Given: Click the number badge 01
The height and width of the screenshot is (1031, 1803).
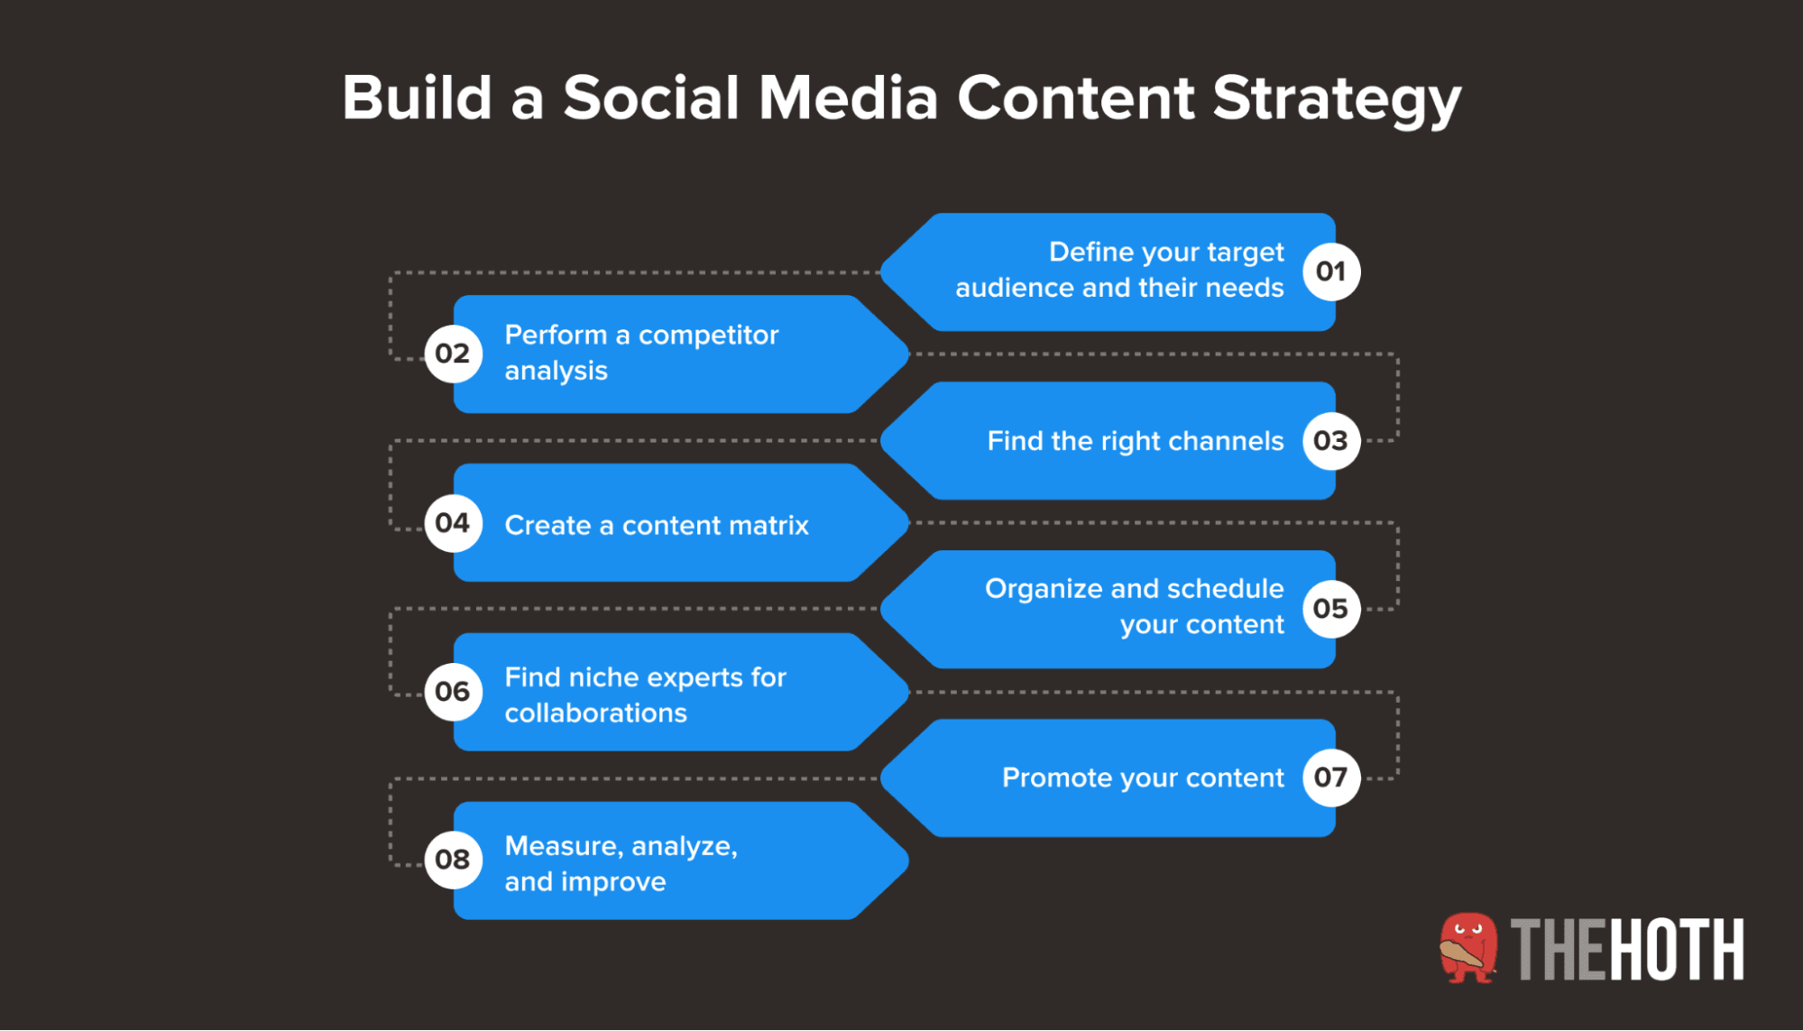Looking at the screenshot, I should pos(1330,272).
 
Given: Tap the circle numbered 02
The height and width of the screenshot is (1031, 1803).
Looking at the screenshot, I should pos(453,354).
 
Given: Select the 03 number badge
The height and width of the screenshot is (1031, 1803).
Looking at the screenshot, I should pos(1330,441).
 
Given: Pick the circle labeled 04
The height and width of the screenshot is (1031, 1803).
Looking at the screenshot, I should pos(453,523).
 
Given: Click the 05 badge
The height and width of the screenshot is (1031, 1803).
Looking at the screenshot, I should pos(1330,609).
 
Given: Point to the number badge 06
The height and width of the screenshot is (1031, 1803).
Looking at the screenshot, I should pos(453,692).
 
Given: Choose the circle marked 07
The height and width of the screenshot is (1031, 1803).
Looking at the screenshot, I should pos(1330,778).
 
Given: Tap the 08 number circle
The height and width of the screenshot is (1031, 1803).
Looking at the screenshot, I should pos(453,860).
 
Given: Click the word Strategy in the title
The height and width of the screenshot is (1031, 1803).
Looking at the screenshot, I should pos(1336,99).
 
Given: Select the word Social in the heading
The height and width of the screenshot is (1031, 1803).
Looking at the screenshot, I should pos(651,97).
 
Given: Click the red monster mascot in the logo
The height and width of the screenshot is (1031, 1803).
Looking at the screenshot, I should pos(1467,948).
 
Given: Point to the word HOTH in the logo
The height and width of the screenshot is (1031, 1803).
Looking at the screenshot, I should pos(1677,950).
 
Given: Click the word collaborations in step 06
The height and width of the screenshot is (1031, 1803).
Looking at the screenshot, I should pos(595,713).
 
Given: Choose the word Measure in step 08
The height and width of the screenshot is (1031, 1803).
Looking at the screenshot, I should pos(563,846).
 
